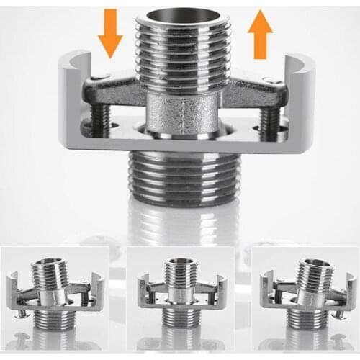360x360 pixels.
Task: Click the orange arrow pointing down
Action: point(111,32)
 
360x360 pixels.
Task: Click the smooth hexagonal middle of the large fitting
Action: point(181,115)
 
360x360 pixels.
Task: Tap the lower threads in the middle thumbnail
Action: point(177,318)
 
